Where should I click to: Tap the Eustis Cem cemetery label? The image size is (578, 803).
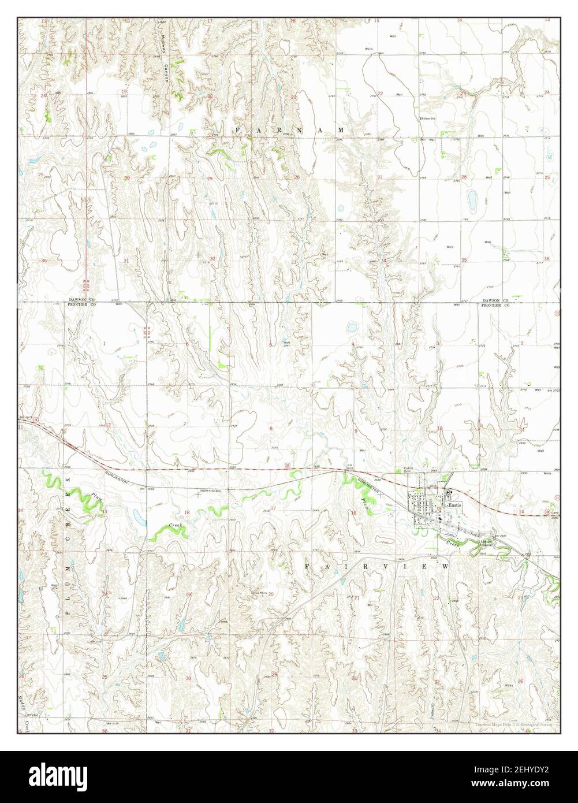(x=411, y=470)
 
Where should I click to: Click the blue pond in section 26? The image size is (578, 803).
(x=474, y=199)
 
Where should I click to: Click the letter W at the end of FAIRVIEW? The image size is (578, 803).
(x=445, y=567)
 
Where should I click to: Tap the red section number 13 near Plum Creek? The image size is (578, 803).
(x=105, y=512)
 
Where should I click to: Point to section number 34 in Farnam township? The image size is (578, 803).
(x=383, y=261)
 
